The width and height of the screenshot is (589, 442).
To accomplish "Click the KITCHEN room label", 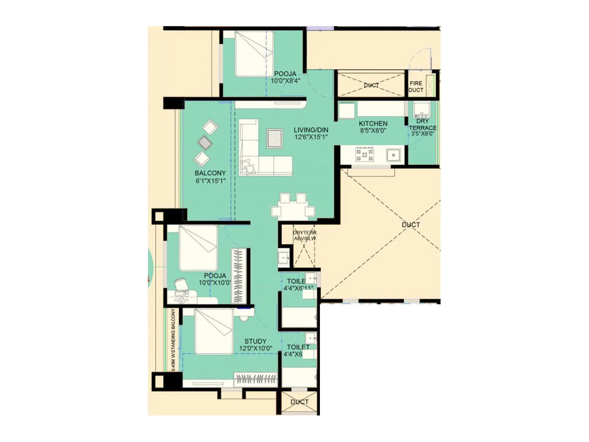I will click(x=373, y=123).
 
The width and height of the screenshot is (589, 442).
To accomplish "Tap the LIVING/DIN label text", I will click(x=311, y=130).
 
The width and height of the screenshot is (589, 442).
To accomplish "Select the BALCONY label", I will click(x=210, y=173).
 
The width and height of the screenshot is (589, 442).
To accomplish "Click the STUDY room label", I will click(x=255, y=341).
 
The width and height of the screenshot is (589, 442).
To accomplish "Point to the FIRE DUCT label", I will click(x=416, y=87).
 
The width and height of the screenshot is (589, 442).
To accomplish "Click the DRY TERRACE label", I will click(x=423, y=124).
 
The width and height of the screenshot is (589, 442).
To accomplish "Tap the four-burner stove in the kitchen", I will click(x=364, y=154).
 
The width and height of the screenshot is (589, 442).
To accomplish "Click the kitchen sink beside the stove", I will click(x=393, y=155).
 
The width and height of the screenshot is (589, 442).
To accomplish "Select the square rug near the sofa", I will click(x=274, y=138).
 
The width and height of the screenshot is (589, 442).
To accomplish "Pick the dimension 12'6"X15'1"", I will click(x=311, y=137).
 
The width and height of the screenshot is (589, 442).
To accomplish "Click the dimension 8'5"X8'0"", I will click(x=373, y=130).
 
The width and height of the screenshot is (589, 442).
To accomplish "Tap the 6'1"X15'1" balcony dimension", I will click(x=210, y=180).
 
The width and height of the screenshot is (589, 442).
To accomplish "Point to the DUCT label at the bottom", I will click(x=299, y=402).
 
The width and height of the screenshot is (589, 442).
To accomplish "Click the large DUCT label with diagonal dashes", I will click(x=411, y=225).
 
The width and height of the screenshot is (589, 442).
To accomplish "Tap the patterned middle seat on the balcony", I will click(x=205, y=142).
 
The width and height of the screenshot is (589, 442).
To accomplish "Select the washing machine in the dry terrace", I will click(x=422, y=109).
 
